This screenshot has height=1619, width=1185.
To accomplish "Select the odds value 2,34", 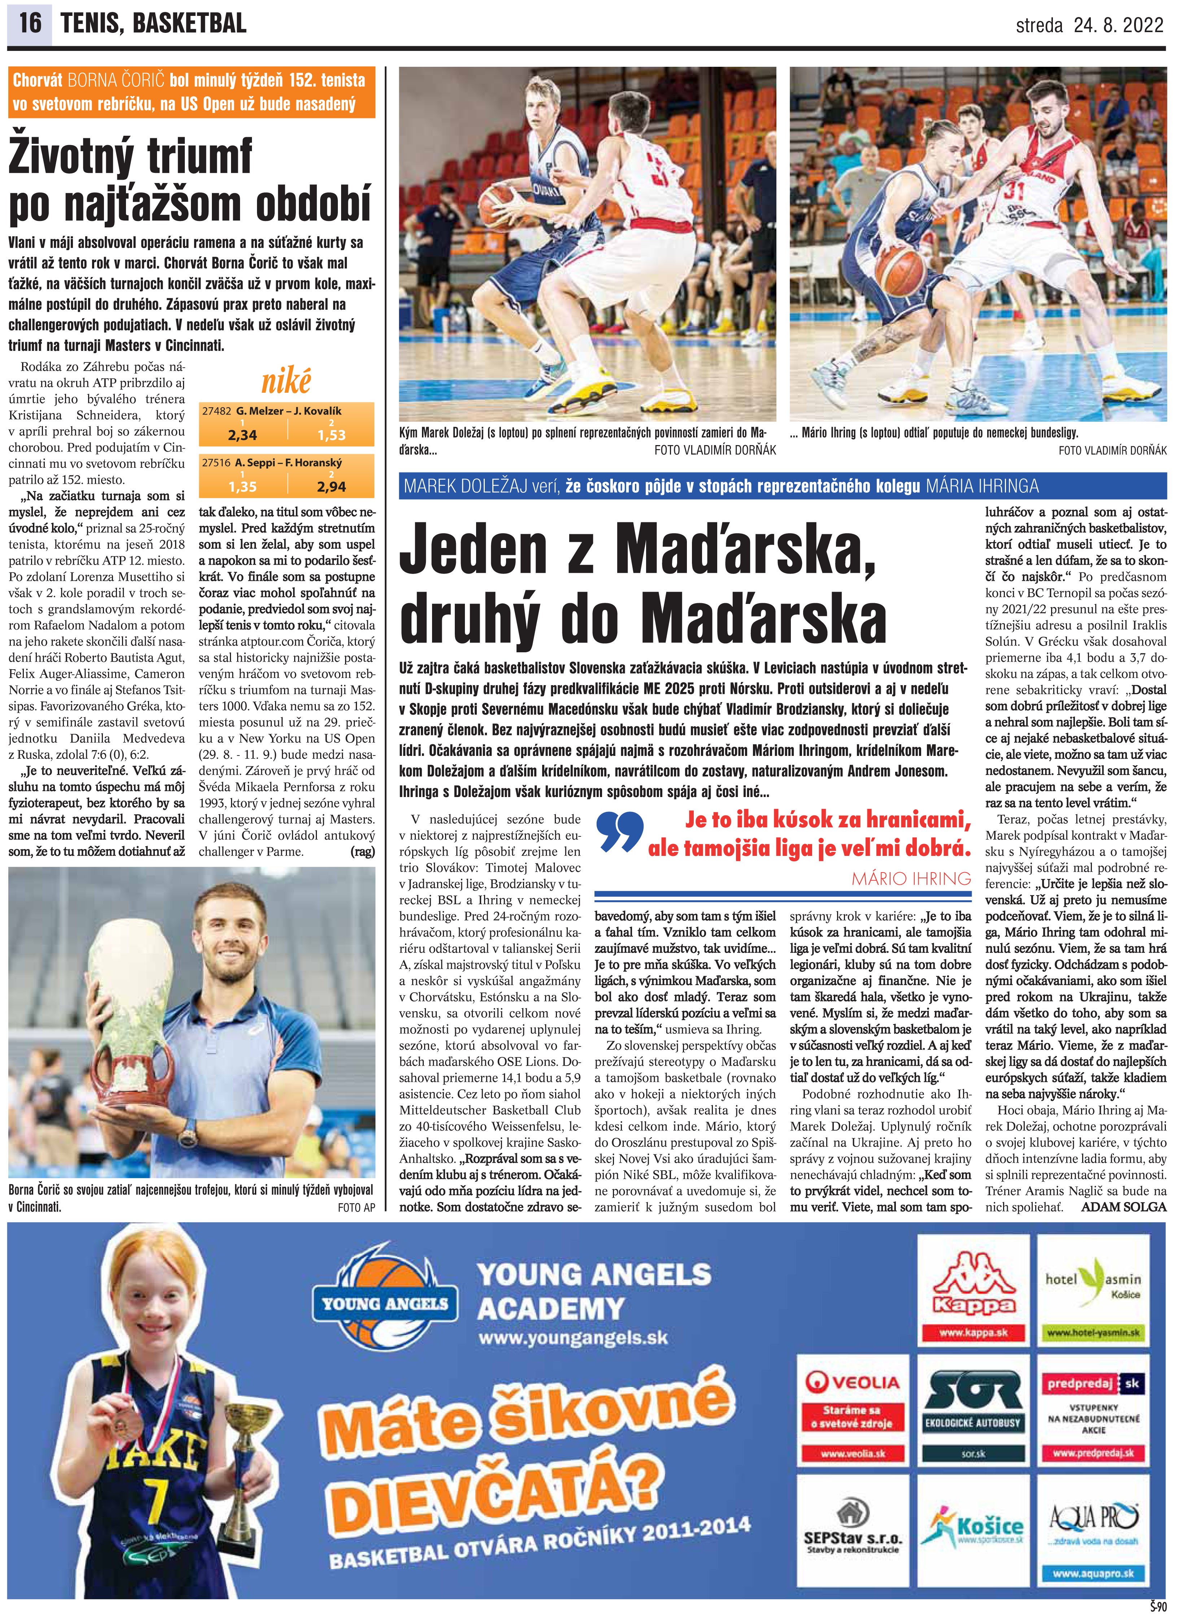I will pos(243,435).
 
